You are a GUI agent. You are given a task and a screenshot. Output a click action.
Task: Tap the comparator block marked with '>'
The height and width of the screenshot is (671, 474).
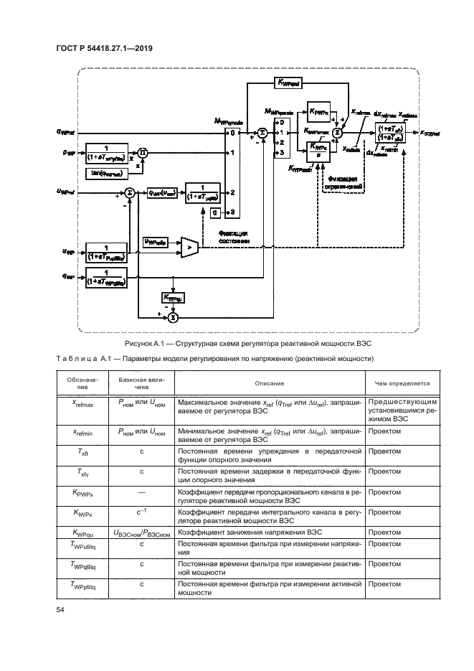pyautogui.click(x=189, y=246)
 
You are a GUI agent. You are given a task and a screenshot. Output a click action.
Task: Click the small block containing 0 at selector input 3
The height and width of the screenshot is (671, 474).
pyautogui.click(x=214, y=213)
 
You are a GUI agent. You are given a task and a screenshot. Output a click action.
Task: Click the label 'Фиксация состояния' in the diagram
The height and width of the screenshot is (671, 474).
pyautogui.click(x=234, y=238)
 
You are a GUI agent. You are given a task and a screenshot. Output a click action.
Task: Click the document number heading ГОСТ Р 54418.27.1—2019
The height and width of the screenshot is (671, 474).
pyautogui.click(x=104, y=48)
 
